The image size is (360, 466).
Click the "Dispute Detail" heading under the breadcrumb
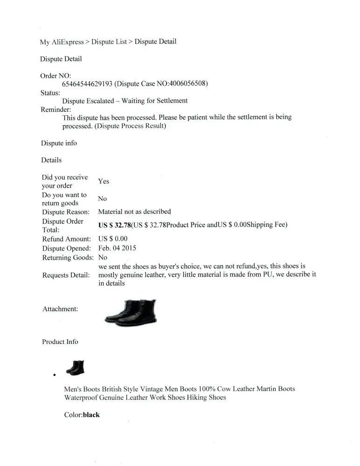click(x=61, y=59)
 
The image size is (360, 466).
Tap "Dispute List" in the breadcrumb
click(x=109, y=41)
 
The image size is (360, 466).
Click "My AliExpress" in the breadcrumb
click(x=62, y=41)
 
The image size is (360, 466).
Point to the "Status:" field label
click(x=50, y=92)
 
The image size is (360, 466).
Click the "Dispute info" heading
click(x=59, y=143)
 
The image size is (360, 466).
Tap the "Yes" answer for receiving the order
click(x=104, y=181)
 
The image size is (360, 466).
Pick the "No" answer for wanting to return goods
click(x=102, y=199)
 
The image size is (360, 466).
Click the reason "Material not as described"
click(x=134, y=212)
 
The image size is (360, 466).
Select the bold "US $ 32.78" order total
click(x=115, y=225)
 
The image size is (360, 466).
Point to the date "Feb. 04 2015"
click(x=117, y=248)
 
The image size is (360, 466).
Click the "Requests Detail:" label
click(x=65, y=275)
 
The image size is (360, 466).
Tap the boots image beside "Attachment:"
click(x=131, y=311)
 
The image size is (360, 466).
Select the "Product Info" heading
click(x=60, y=342)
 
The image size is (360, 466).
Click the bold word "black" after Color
click(x=91, y=415)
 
